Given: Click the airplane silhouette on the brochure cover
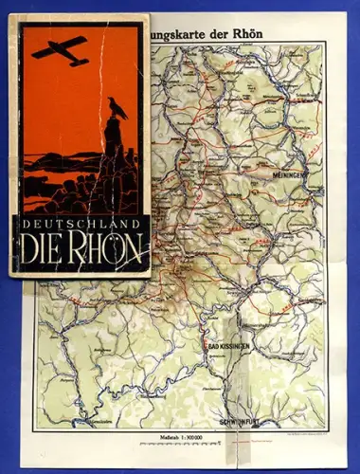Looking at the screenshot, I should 60,50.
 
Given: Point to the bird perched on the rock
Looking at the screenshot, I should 117,107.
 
